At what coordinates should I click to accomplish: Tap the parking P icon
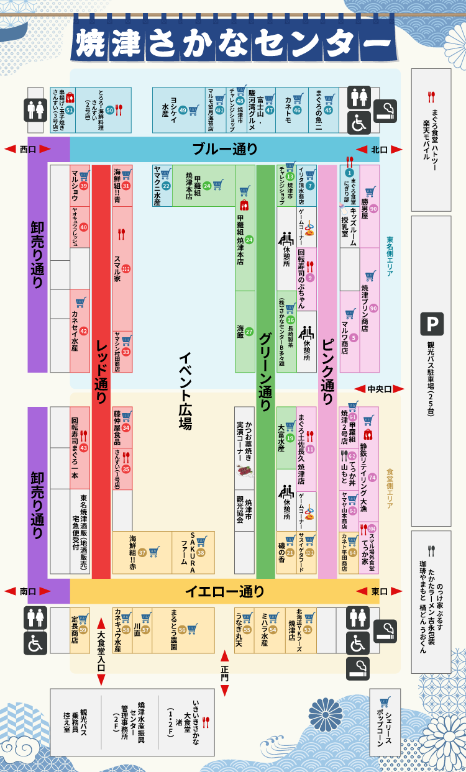click(431, 324)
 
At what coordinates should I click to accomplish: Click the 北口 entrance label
click(378, 150)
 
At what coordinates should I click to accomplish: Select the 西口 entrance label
click(27, 150)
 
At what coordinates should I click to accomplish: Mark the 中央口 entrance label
click(379, 389)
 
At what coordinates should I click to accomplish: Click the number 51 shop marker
click(70, 110)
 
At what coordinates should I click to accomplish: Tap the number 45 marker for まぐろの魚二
click(329, 110)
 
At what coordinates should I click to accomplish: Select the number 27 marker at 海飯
click(249, 332)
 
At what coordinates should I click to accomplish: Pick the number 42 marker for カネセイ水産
click(83, 332)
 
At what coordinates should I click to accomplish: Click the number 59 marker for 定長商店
click(83, 630)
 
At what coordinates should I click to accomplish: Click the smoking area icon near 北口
click(386, 110)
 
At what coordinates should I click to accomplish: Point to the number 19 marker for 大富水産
click(290, 438)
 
